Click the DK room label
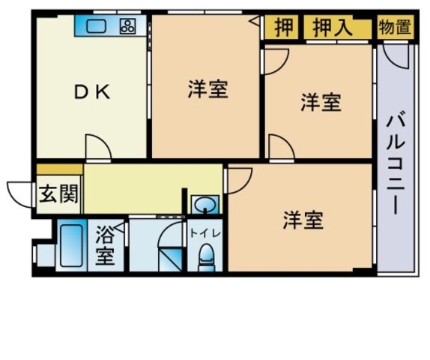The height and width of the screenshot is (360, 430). (x=91, y=91)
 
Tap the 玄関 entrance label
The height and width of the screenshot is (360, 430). (x=58, y=195)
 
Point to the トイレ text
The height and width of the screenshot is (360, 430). (x=204, y=232)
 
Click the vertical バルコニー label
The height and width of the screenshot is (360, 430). (x=397, y=161)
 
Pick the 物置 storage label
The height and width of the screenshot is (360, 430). (x=395, y=28)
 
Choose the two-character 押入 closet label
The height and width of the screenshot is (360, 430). (x=333, y=28)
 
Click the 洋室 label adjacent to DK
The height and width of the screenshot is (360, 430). (x=208, y=90)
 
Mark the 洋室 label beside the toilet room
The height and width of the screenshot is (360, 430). (x=303, y=220)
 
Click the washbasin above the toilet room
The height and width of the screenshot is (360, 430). (x=203, y=204)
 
